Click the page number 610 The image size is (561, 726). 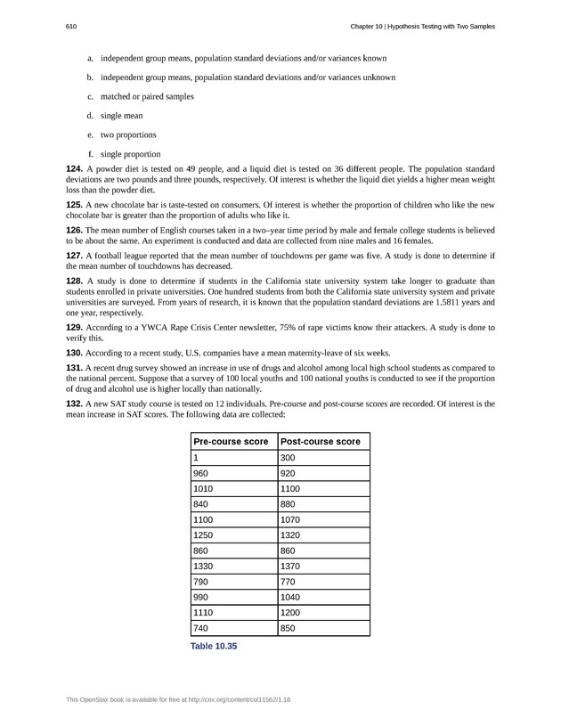(x=70, y=27)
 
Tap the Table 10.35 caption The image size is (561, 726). (x=214, y=646)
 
